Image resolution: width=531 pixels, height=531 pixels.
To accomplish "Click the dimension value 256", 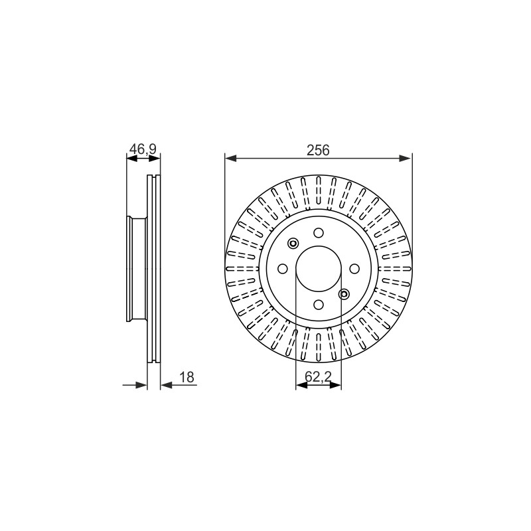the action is pos(318,150).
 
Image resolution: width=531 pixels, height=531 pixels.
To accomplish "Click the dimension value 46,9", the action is pos(143,149).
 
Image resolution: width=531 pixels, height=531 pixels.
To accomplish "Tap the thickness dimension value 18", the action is pos(187,377).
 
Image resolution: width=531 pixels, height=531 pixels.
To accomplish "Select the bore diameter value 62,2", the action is pos(318,376).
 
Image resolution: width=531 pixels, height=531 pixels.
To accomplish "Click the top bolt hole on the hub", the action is pos(319,233).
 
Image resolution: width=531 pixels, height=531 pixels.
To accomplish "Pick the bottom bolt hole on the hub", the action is pos(319,305).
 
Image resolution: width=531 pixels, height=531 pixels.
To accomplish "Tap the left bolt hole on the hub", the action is pos(283,269).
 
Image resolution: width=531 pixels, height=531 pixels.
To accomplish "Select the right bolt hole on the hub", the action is pos(354,269).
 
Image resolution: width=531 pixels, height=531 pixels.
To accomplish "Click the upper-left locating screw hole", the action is pos(293,243).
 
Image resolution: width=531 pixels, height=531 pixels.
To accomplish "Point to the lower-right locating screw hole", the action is pos(344,294).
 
